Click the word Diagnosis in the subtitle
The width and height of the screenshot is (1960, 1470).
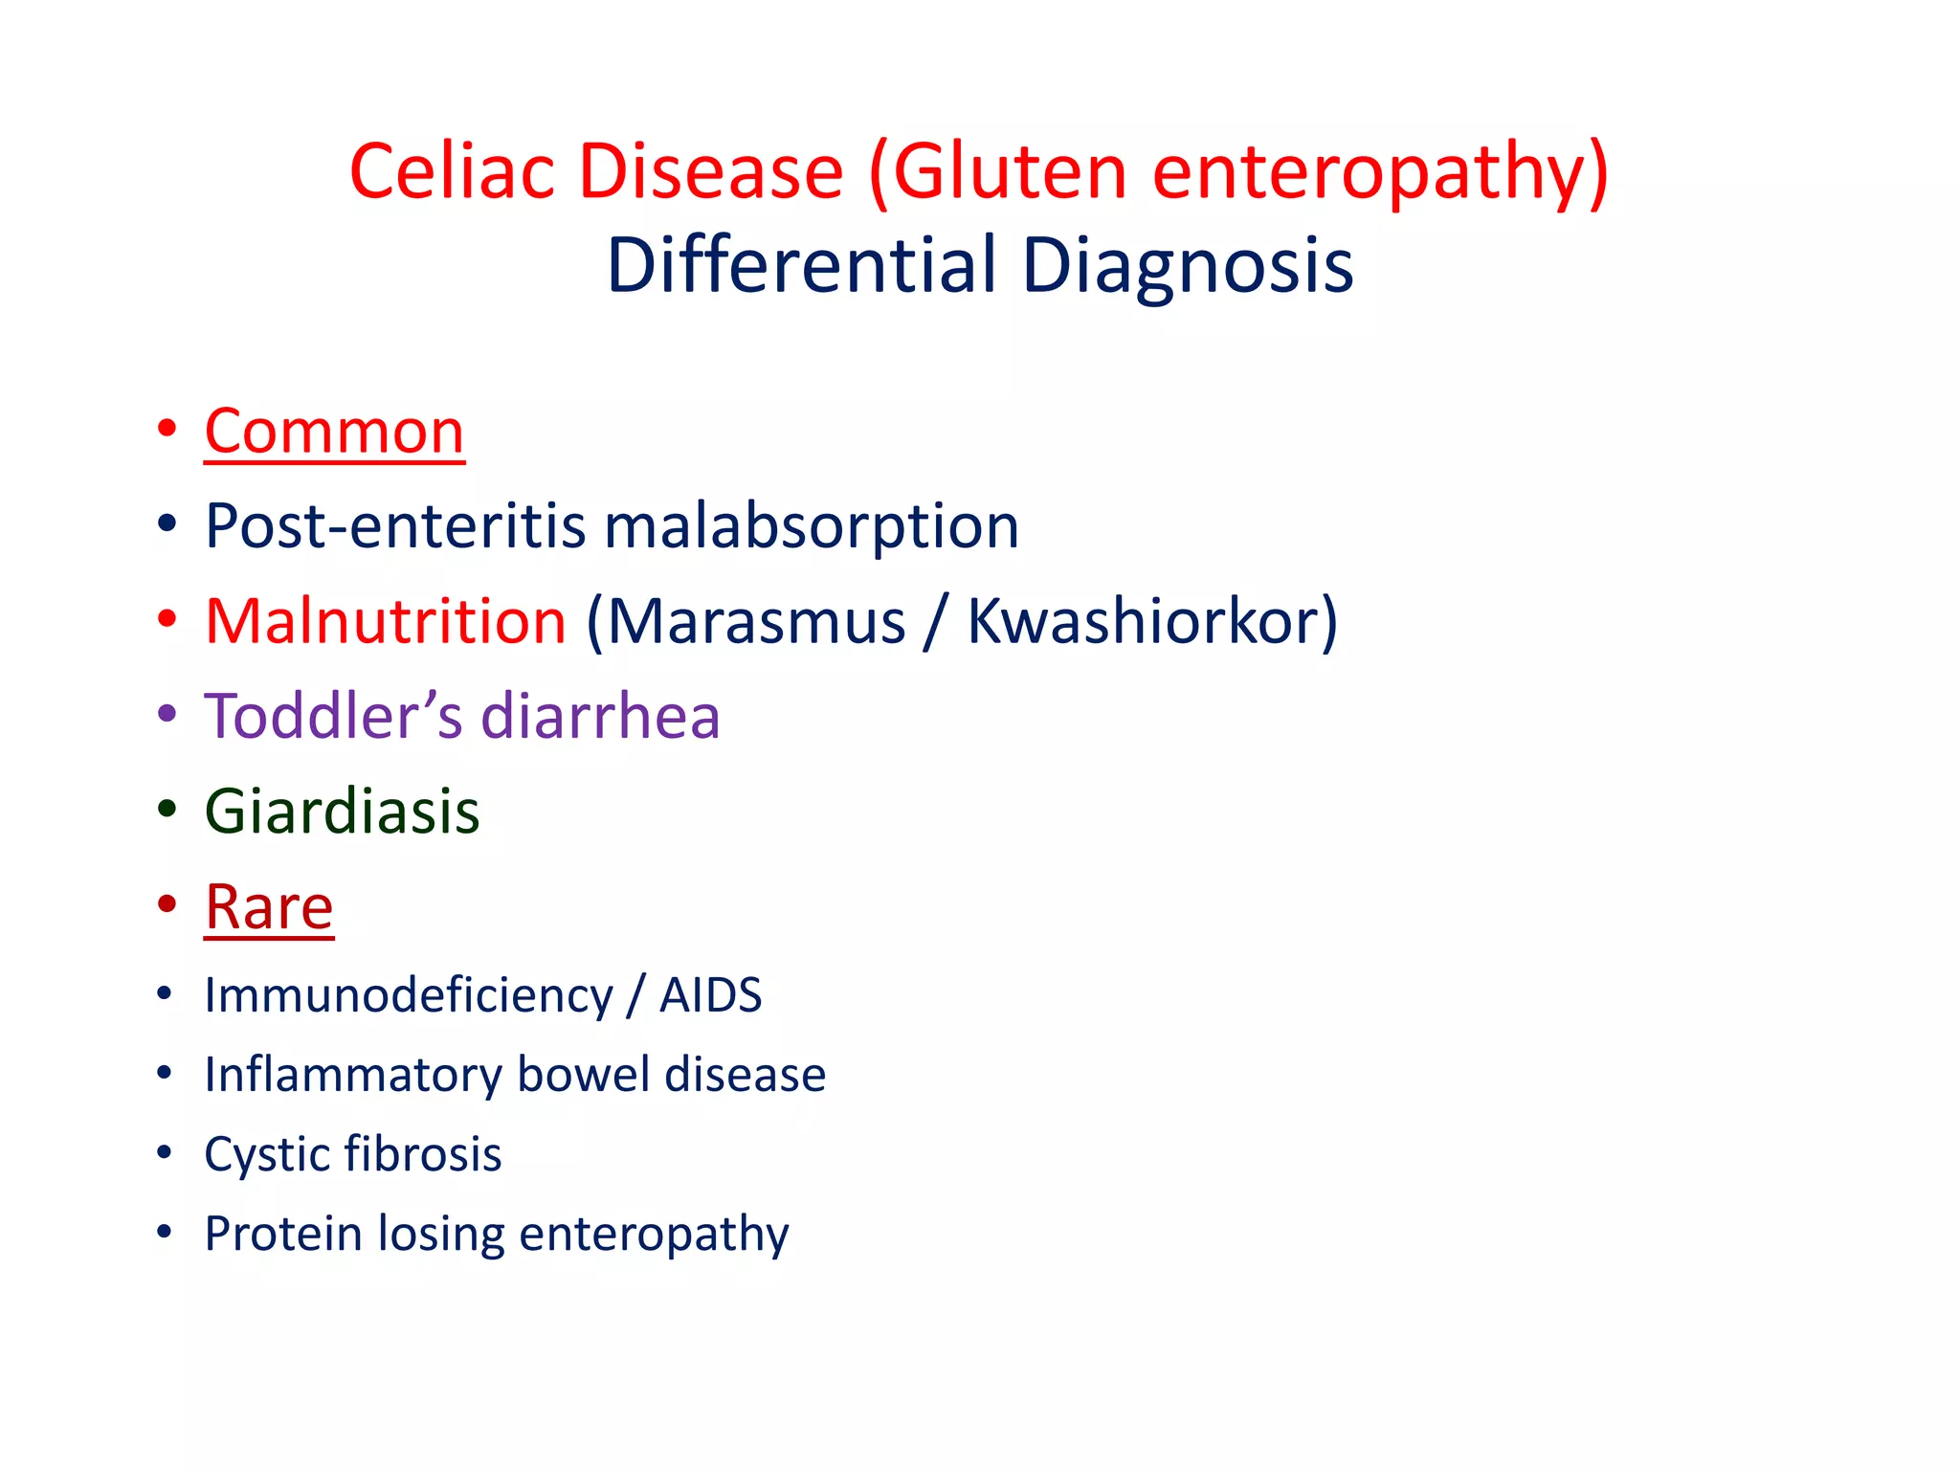1187,265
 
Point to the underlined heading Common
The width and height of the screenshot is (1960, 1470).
334,432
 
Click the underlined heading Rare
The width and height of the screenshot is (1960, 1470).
269,906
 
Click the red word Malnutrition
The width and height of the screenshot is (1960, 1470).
386,621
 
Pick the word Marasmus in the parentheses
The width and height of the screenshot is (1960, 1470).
756,621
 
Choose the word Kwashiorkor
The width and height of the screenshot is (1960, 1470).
1148,621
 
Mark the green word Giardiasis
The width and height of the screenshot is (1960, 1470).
342,812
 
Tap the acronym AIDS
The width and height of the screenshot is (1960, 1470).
710,995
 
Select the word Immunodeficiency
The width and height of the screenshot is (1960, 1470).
409,995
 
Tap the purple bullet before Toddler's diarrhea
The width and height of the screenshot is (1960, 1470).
167,713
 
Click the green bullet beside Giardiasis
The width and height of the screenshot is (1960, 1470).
167,809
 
